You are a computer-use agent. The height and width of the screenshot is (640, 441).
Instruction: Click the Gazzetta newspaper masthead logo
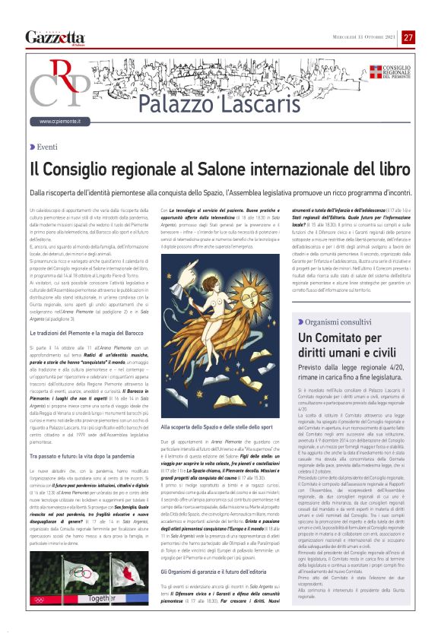55,37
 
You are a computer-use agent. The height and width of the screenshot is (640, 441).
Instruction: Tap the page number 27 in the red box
408,37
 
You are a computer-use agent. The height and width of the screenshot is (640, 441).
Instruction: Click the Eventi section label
46,147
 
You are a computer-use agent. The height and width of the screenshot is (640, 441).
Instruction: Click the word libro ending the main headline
395,167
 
